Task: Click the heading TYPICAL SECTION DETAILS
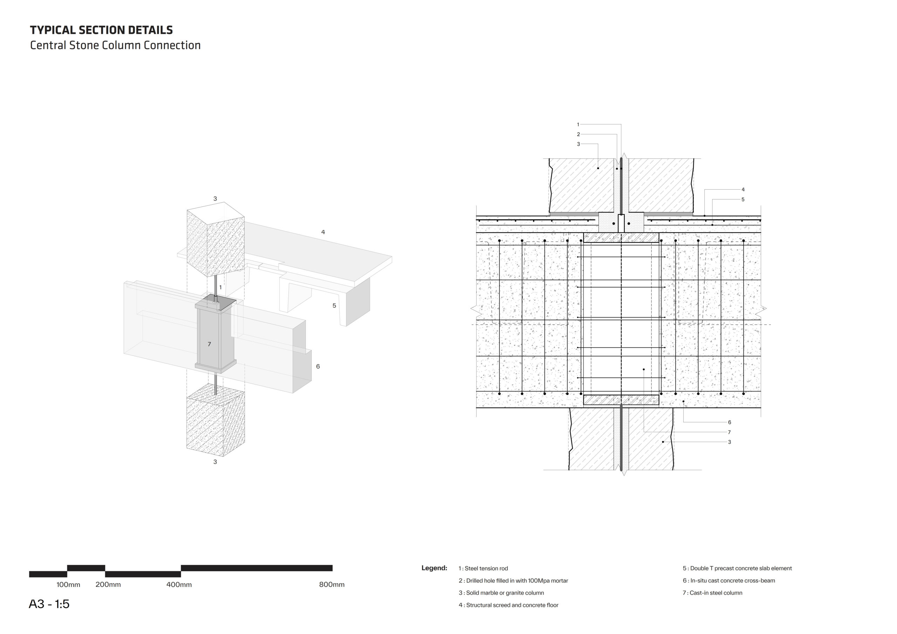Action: [101, 30]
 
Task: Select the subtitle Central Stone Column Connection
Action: [115, 45]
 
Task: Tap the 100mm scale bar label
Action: [68, 585]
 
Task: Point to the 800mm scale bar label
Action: [332, 585]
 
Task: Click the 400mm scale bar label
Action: [179, 585]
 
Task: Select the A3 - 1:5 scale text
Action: [49, 604]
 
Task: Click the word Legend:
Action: [434, 568]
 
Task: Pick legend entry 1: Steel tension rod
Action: [483, 568]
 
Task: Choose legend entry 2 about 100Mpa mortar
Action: [513, 581]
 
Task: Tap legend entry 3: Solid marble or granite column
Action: [501, 593]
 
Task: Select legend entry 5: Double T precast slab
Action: [737, 568]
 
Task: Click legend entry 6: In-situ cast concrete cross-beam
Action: [729, 581]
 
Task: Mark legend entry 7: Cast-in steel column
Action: [713, 593]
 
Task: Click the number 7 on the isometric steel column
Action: [210, 345]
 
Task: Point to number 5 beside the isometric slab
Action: [334, 306]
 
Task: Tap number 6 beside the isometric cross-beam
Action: [318, 367]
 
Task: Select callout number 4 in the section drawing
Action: [743, 190]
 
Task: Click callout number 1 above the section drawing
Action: [578, 125]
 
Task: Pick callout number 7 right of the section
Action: [730, 432]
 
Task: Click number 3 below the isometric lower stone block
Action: [215, 462]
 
